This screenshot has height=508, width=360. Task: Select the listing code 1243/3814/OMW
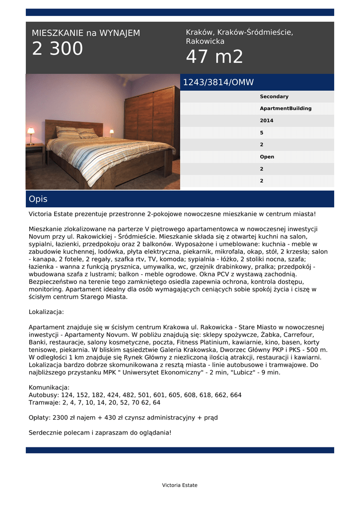(x=218, y=82)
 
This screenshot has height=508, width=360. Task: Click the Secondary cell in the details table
(x=274, y=97)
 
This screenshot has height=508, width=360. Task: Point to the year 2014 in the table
(x=267, y=121)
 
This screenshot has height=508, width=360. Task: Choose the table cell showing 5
(x=262, y=133)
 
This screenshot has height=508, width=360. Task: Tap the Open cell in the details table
(x=267, y=157)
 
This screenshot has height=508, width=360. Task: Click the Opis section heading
(x=38, y=199)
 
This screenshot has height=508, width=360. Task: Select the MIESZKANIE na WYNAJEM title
(x=86, y=33)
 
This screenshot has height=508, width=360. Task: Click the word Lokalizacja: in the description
(x=46, y=312)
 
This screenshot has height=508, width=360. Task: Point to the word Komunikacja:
(x=49, y=387)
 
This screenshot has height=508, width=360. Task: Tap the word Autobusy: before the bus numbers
(x=44, y=395)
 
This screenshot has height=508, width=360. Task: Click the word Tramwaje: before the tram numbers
(x=45, y=402)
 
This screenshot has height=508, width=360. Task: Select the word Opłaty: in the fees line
(x=39, y=418)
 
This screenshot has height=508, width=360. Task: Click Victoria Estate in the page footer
(x=180, y=485)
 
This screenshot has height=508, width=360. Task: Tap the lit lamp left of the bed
(x=31, y=132)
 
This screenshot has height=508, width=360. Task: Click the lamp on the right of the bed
(x=112, y=132)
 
